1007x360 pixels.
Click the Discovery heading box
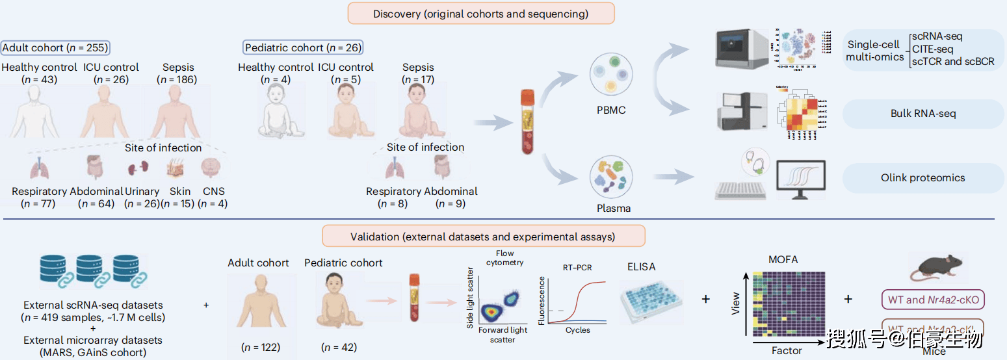(480, 14)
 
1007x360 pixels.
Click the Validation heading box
(484, 237)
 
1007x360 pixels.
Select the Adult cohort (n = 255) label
(55, 47)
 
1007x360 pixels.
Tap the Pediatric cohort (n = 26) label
(303, 47)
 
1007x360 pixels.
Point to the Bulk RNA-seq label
(923, 114)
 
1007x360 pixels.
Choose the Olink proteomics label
(923, 177)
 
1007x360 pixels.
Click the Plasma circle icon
(611, 177)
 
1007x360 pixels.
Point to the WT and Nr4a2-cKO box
(933, 300)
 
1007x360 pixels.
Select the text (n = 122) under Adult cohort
(260, 347)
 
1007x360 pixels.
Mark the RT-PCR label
(577, 266)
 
